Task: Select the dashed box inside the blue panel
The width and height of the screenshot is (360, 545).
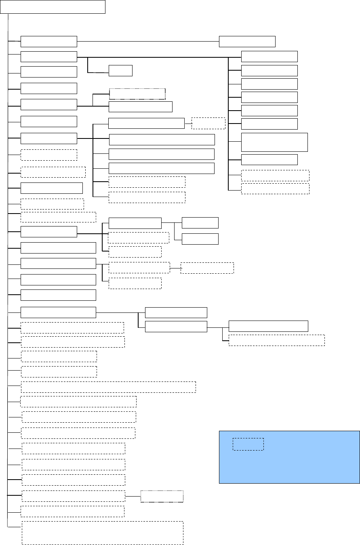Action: pos(248,444)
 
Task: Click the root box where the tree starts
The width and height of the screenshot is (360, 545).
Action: pos(53,7)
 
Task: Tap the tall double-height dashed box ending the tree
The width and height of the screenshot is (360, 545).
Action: pos(102,533)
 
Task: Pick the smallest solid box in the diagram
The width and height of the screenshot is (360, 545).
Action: pos(120,70)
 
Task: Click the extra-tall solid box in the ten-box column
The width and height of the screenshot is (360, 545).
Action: pos(274,142)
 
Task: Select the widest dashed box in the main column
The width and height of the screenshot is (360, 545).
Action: pos(108,387)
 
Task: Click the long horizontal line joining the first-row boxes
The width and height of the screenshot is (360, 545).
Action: pos(148,41)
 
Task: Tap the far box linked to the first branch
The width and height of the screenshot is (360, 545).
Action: pos(247,42)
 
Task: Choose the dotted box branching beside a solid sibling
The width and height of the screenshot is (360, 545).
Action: pos(137,94)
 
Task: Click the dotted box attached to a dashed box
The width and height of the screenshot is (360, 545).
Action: pos(162,496)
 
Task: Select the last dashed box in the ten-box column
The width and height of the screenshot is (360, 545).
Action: pos(275,189)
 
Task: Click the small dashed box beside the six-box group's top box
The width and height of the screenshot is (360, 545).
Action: pos(208,123)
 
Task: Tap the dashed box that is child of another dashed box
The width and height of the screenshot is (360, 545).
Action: pos(207,268)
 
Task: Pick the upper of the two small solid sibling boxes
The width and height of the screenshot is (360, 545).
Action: pos(200,223)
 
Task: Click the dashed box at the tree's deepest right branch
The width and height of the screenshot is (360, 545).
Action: pos(276,340)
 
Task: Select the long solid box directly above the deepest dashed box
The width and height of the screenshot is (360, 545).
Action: pos(268,326)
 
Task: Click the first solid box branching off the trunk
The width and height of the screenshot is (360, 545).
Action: pos(48,41)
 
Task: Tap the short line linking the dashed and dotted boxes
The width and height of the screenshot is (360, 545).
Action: pos(133,496)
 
